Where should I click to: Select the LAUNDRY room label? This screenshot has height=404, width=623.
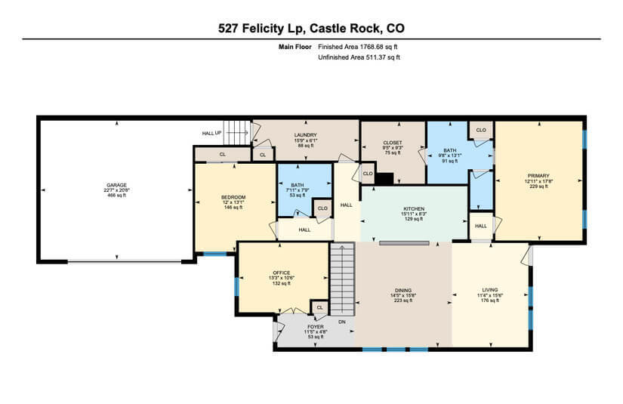pos(306,135)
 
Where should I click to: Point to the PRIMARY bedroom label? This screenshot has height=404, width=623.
pos(538,175)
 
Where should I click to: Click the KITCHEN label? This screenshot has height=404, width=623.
pos(414,208)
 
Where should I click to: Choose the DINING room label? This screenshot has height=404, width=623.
pos(403,291)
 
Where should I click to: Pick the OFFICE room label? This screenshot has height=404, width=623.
pos(282,273)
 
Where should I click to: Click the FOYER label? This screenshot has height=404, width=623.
pos(315,327)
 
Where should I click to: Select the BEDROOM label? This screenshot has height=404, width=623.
pos(233,197)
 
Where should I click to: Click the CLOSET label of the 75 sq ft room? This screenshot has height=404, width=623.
pos(393,142)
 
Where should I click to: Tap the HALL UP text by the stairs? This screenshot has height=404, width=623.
pos(211,134)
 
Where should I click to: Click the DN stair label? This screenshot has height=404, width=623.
pos(341,322)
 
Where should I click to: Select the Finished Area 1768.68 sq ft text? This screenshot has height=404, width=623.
pos(359,47)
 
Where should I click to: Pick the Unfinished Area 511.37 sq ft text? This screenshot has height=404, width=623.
pos(359,57)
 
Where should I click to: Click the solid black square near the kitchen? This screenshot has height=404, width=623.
pos(384,178)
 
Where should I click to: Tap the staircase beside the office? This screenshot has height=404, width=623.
pos(343,279)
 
